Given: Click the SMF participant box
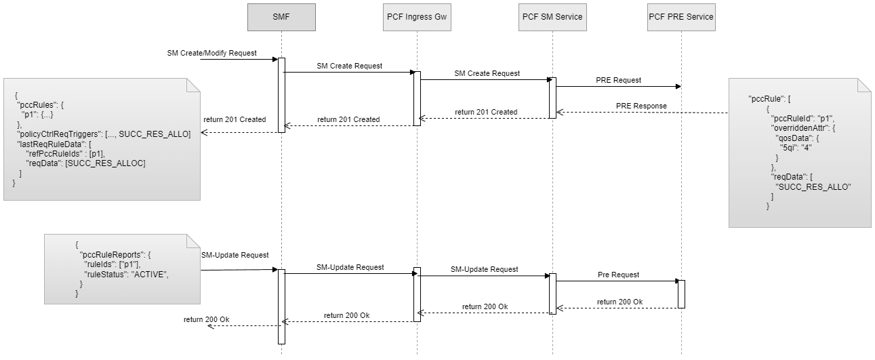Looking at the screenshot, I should tap(281, 17).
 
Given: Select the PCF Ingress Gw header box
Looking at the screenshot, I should tap(417, 17).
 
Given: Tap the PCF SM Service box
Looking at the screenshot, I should tap(552, 17).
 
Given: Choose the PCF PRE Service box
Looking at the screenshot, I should tap(681, 17).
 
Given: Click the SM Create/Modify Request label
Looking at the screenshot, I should tap(211, 53).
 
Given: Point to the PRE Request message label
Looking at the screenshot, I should tap(618, 80).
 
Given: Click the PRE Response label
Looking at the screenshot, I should tap(641, 106).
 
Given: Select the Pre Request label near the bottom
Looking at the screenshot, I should tap(618, 275).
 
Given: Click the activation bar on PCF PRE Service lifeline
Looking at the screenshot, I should tap(681, 294).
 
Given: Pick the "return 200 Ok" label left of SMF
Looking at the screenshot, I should tap(207, 319).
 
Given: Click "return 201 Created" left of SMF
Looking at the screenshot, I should tap(235, 119).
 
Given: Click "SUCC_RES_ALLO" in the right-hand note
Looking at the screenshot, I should tap(813, 186).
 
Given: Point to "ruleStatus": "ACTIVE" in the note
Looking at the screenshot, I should tap(125, 275).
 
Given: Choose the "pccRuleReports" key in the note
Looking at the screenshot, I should tap(115, 254).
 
